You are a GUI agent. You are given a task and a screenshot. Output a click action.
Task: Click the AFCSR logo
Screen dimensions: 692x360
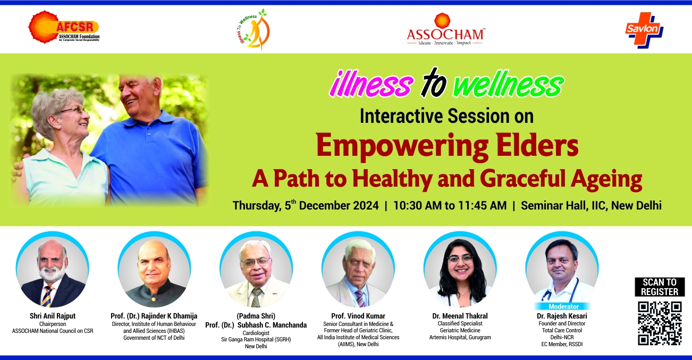tap(64, 27)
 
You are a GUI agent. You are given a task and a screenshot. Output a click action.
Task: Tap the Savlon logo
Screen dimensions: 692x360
tap(644, 30)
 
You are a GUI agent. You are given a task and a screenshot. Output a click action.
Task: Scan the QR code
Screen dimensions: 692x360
tap(660, 323)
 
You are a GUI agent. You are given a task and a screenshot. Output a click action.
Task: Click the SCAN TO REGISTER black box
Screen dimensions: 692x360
tap(660, 287)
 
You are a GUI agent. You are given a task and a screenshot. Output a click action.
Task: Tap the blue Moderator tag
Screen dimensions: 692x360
tap(563, 306)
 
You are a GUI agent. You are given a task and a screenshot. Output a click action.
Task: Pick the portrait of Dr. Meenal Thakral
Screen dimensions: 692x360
tap(460, 270)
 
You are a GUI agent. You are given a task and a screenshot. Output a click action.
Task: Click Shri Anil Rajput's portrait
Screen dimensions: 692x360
tap(53, 270)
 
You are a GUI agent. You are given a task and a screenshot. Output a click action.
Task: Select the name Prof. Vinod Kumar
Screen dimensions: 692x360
tap(358, 316)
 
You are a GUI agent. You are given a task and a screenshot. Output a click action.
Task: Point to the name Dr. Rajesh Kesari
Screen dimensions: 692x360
tap(562, 316)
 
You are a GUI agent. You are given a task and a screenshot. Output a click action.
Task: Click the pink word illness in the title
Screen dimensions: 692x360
tap(372, 83)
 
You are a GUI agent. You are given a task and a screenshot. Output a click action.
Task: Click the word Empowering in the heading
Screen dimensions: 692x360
tap(402, 147)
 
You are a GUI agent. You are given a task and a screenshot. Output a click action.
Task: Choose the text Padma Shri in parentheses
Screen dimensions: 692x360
tap(256, 316)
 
